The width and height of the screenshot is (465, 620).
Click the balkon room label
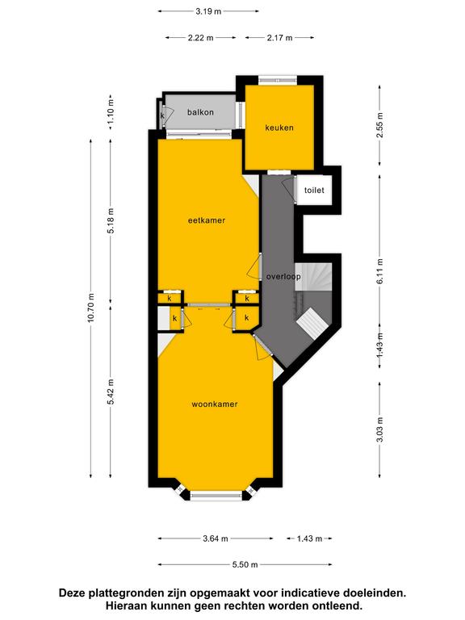pyautogui.click(x=200, y=112)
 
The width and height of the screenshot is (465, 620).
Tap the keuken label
pyautogui.click(x=279, y=128)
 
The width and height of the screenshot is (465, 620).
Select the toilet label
pyautogui.click(x=314, y=191)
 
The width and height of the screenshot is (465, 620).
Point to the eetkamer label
pyautogui.click(x=207, y=220)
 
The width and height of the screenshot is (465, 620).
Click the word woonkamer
pyautogui.click(x=215, y=404)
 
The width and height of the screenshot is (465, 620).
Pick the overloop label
pyautogui.click(x=283, y=277)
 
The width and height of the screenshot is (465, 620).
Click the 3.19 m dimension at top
pyautogui.click(x=208, y=11)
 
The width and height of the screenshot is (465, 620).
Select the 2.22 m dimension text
pyautogui.click(x=200, y=38)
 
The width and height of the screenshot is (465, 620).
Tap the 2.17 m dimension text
pyautogui.click(x=279, y=38)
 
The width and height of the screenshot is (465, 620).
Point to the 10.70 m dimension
pyautogui.click(x=91, y=308)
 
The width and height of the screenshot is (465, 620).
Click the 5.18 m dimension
pyautogui.click(x=111, y=220)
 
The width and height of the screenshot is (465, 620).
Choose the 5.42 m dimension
pyautogui.click(x=111, y=392)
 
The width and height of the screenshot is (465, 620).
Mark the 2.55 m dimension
pyautogui.click(x=380, y=125)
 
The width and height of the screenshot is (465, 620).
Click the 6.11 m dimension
pyautogui.click(x=380, y=271)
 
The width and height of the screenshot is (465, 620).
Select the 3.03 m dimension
pyautogui.click(x=380, y=430)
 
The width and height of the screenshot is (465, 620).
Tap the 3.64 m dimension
pyautogui.click(x=216, y=538)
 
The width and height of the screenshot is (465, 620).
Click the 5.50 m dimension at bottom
pyautogui.click(x=245, y=564)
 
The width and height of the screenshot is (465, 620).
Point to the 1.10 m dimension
pyautogui.click(x=111, y=112)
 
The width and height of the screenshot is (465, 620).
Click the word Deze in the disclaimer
pyautogui.click(x=72, y=593)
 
